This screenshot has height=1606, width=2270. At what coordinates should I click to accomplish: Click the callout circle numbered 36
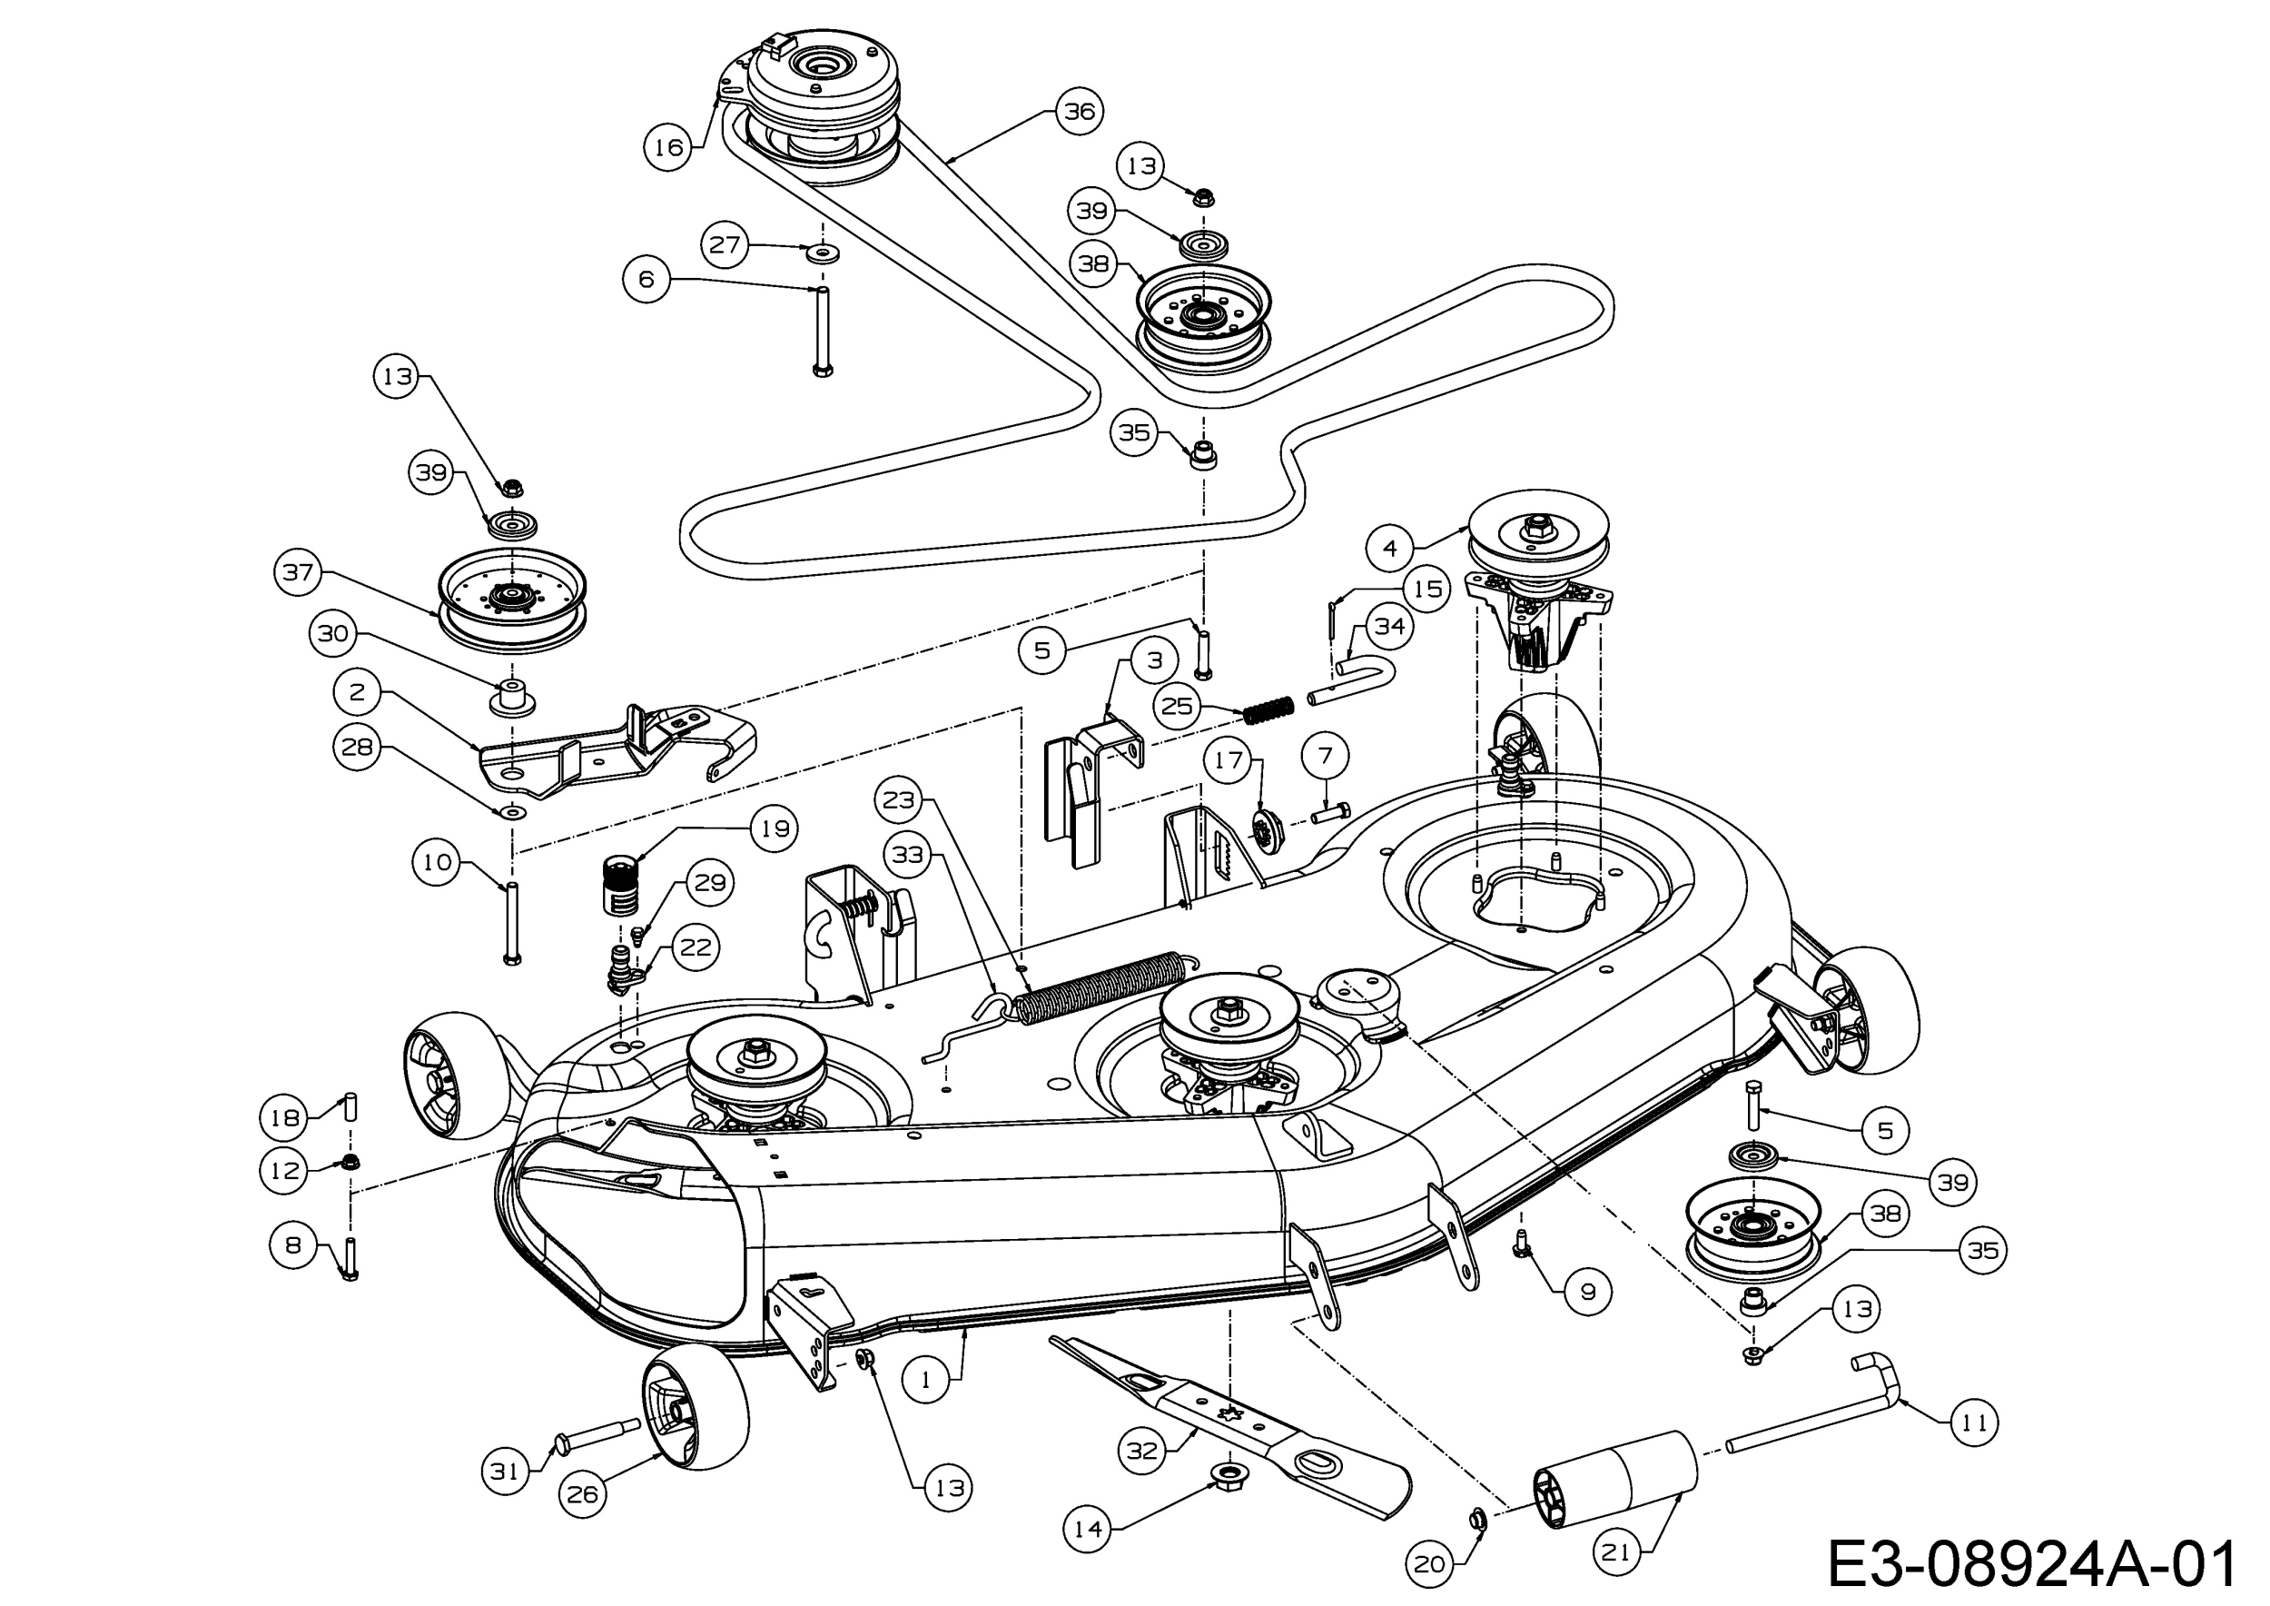pyautogui.click(x=1079, y=111)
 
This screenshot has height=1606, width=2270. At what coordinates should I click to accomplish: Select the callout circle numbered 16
pyautogui.click(x=668, y=147)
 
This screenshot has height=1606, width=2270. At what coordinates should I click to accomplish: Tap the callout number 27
pyautogui.click(x=725, y=243)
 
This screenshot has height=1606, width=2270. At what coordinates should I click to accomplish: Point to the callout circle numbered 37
pyautogui.click(x=299, y=571)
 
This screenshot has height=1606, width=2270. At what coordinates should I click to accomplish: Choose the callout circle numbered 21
pyautogui.click(x=1615, y=1552)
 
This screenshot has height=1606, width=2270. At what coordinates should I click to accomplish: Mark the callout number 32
pyautogui.click(x=1142, y=1451)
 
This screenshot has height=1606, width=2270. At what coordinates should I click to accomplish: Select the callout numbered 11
pyautogui.click(x=1973, y=1423)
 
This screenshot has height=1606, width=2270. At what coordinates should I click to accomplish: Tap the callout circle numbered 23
pyautogui.click(x=899, y=799)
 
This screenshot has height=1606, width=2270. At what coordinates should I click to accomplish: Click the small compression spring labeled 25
pyautogui.click(x=1268, y=710)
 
